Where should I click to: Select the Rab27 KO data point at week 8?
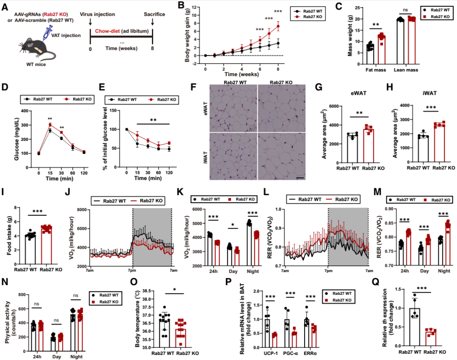click(x=278, y=26)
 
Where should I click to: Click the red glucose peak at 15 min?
click(x=50, y=124)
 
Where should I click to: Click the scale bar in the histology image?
click(x=300, y=179)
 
